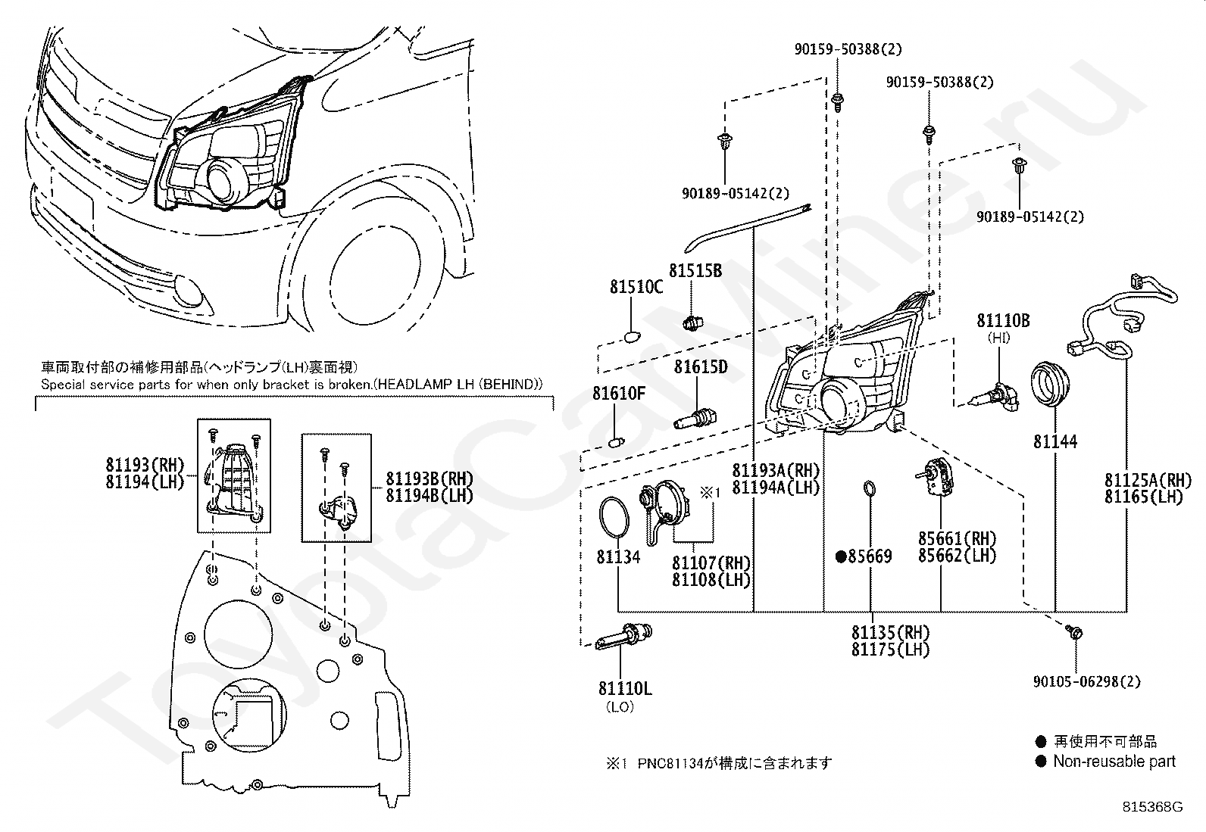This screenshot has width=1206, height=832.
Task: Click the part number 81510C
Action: (636, 287)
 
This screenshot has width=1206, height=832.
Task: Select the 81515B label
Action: (695, 271)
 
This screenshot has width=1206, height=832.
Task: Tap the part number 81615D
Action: (701, 367)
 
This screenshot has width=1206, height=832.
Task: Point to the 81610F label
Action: (619, 394)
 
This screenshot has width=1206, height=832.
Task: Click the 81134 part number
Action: (618, 557)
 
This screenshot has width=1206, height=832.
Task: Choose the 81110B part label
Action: (1002, 321)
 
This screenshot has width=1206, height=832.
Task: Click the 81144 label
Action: (1055, 441)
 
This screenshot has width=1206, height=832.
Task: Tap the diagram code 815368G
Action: (1152, 808)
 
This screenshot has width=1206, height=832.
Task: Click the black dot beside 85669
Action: (840, 556)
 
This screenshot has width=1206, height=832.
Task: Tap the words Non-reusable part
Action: (1114, 762)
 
